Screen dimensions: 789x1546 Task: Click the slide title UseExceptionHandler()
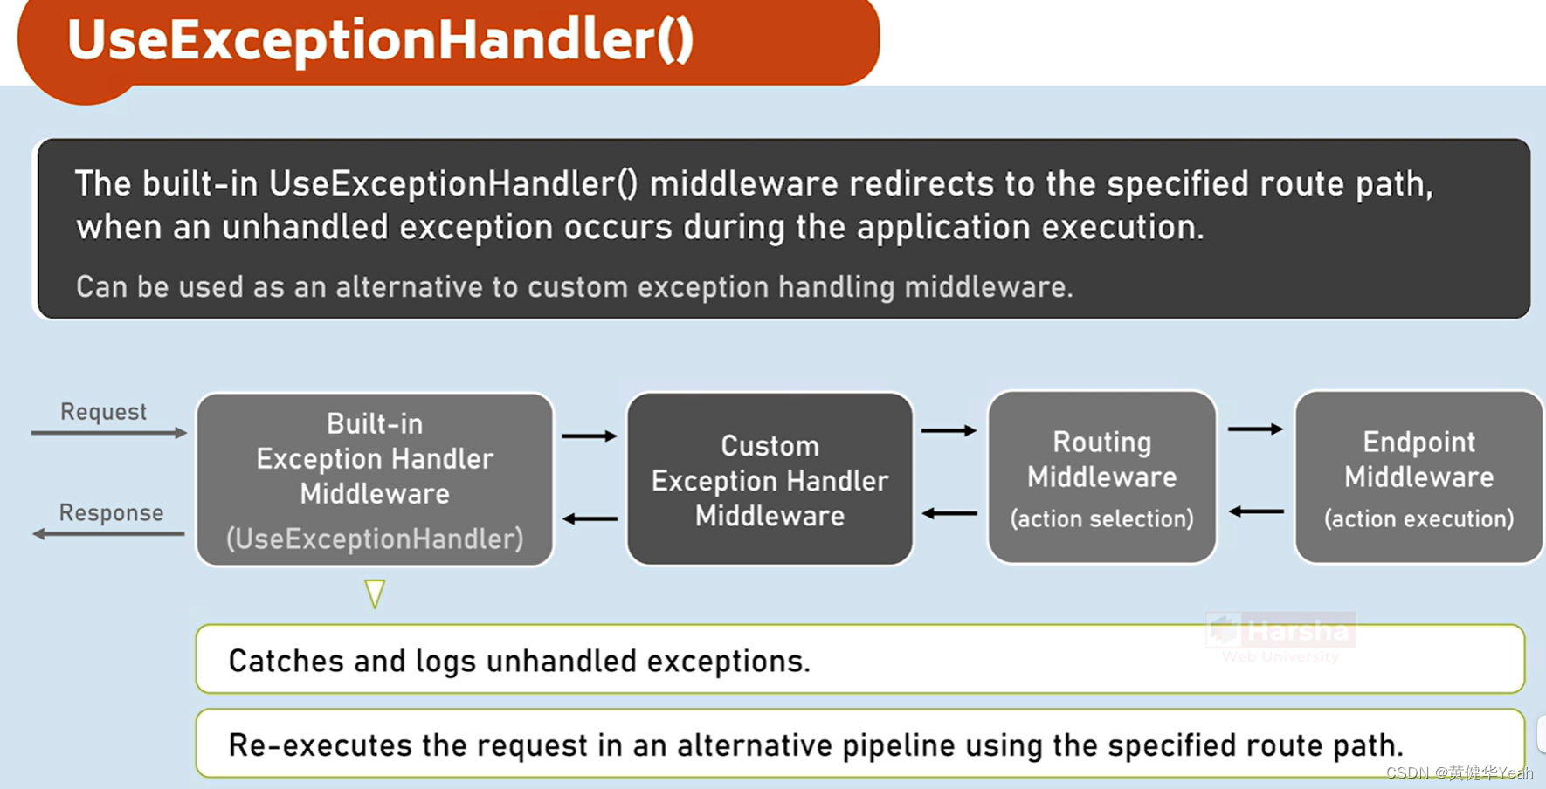(380, 40)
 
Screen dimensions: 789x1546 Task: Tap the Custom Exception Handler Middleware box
(770, 478)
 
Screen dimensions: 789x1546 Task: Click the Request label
(103, 412)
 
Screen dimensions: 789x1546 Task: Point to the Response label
(111, 513)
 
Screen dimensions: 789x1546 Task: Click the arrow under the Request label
(108, 433)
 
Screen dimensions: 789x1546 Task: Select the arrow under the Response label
(108, 533)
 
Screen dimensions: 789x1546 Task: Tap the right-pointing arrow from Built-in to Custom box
(590, 436)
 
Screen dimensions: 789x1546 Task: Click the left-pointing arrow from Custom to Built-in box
(590, 519)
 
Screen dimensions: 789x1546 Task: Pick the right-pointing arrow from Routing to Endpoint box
(1255, 429)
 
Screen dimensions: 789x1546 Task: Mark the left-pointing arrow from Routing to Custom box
(949, 513)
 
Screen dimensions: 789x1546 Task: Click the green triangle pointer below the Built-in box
(375, 593)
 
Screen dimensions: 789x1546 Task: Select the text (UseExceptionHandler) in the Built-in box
(375, 539)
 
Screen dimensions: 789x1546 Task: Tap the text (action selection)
(1101, 519)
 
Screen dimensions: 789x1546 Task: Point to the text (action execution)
(1418, 519)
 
